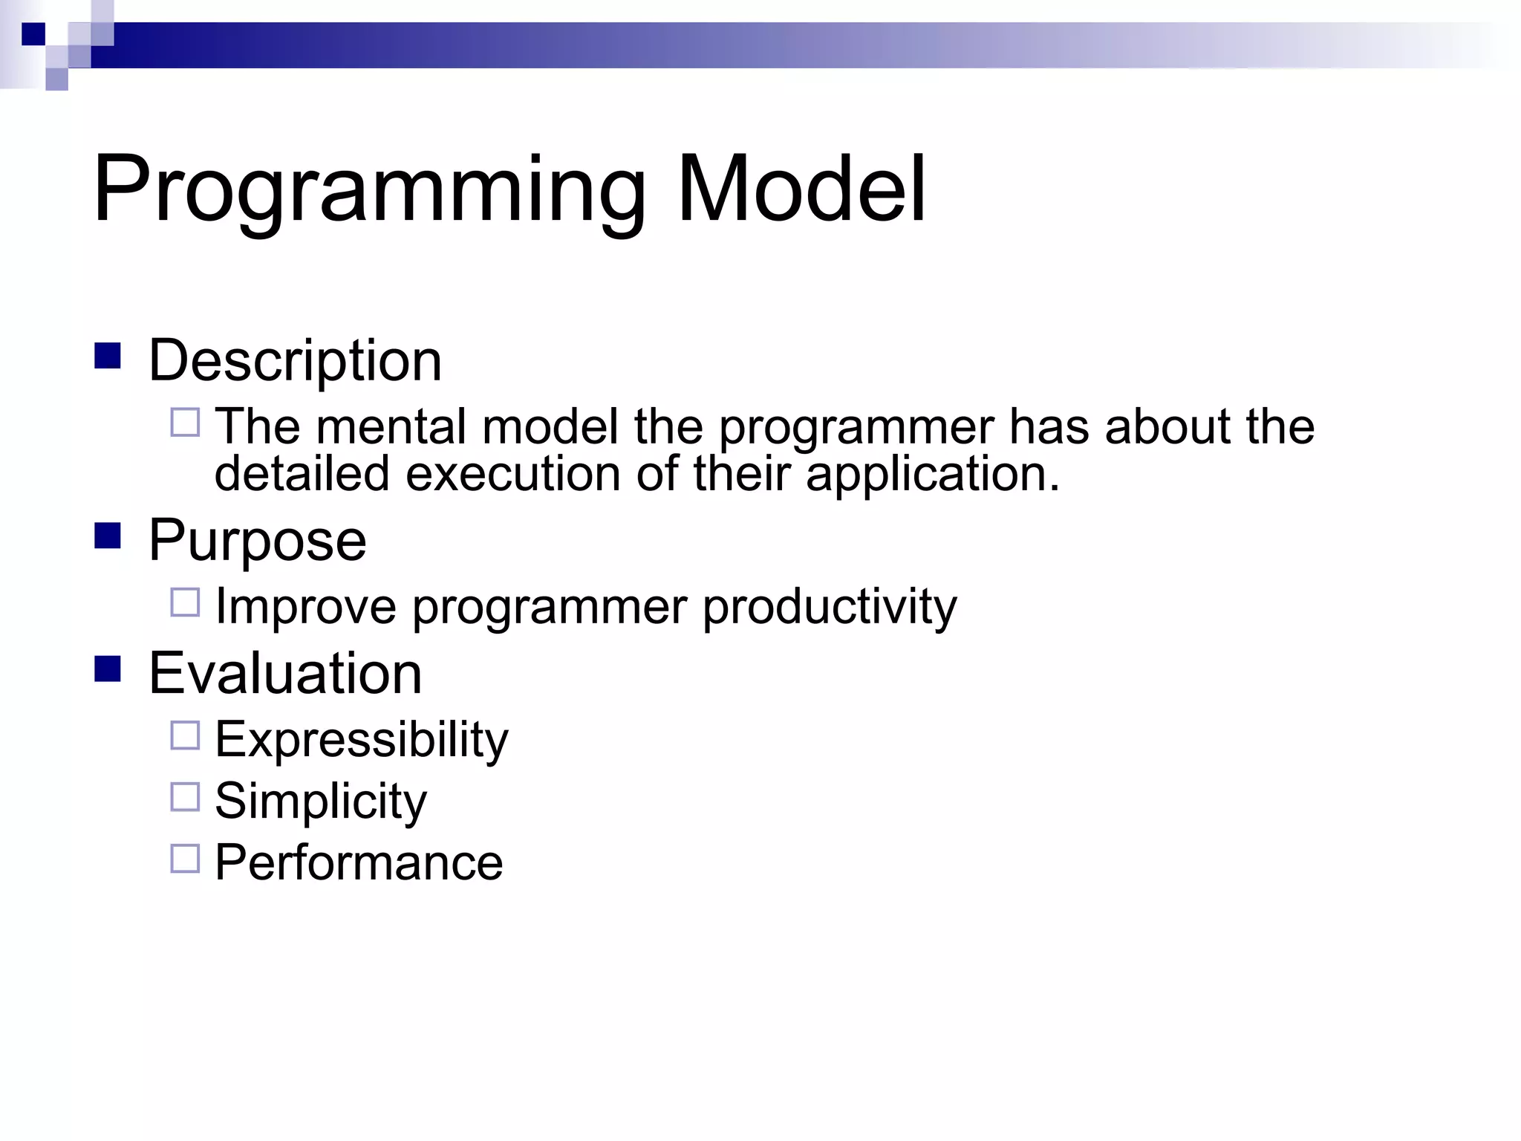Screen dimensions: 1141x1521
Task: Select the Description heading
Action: (x=295, y=361)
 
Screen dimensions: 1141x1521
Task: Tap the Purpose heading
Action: (x=257, y=541)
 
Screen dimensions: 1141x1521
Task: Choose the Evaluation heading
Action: (x=285, y=674)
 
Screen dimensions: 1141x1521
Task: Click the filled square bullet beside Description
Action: (x=108, y=356)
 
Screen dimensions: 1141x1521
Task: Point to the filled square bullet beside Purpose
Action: (x=108, y=536)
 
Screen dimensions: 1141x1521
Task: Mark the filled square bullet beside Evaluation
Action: (x=108, y=669)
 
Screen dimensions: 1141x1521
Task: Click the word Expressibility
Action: (x=361, y=741)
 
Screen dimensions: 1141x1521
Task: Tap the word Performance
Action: (x=359, y=863)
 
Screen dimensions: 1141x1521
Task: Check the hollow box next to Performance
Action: (x=185, y=859)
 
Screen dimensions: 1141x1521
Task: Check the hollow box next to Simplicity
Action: (x=185, y=797)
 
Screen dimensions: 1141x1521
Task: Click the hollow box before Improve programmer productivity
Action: (x=185, y=602)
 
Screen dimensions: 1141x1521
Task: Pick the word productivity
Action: (x=830, y=608)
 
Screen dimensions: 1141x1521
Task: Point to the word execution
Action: (x=512, y=475)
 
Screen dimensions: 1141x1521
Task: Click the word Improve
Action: (x=305, y=608)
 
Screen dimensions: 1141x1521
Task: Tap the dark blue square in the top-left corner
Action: (x=33, y=34)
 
